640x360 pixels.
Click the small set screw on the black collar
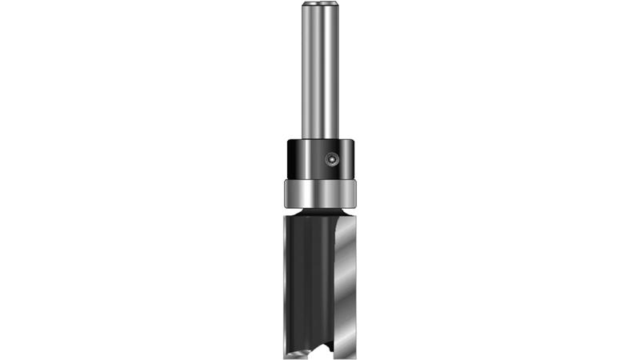pyautogui.click(x=331, y=160)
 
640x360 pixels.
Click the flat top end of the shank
pyautogui.click(x=320, y=4)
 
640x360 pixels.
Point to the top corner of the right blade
pyautogui.click(x=344, y=213)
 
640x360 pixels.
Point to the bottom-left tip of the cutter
pyautogui.click(x=285, y=354)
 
